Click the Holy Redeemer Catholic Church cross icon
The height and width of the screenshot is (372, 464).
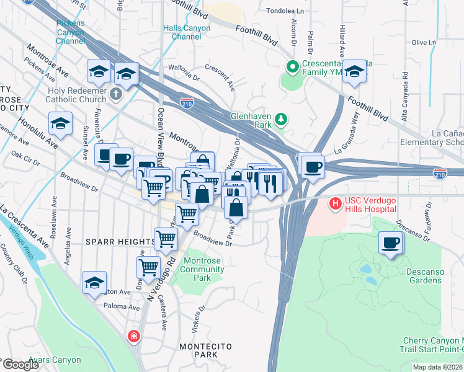(116, 94)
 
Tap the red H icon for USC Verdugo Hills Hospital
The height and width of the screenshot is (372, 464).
(335, 202)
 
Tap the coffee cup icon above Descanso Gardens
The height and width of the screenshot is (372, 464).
(390, 242)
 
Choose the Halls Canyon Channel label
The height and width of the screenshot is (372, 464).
(182, 32)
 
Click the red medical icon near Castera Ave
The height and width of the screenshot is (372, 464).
(133, 337)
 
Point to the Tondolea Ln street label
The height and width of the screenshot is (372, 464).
(286, 11)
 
